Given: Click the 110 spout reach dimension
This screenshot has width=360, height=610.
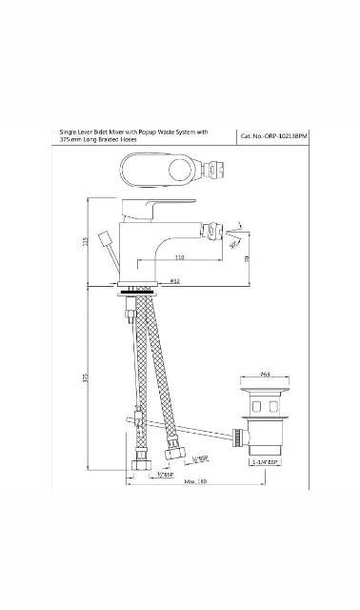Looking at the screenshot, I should tap(179, 257).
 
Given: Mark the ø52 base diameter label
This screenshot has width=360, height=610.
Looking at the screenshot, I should tap(176, 281).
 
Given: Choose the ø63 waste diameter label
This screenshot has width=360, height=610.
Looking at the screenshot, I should tap(265, 375).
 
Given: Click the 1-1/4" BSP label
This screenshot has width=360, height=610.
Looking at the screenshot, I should tap(264, 461).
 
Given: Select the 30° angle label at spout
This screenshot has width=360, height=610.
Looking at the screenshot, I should tap(234, 242).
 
